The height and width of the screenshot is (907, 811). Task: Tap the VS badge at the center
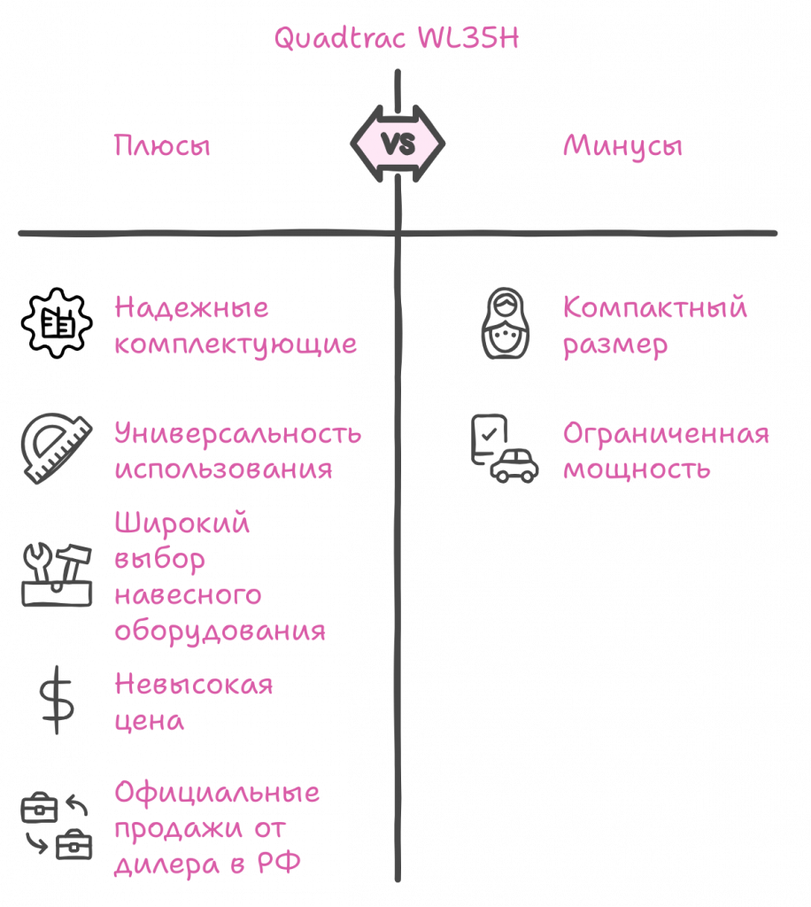pyautogui.click(x=398, y=143)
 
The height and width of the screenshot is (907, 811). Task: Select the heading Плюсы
pyautogui.click(x=162, y=145)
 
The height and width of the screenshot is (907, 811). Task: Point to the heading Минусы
pyautogui.click(x=622, y=145)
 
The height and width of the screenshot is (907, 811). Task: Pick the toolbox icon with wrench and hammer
pyautogui.click(x=57, y=575)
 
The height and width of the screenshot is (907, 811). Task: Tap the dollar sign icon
pyautogui.click(x=57, y=699)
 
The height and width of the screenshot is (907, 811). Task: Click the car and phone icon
pyautogui.click(x=503, y=448)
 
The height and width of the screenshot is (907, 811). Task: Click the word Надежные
pyautogui.click(x=191, y=309)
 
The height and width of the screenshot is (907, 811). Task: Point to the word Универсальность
pyautogui.click(x=237, y=434)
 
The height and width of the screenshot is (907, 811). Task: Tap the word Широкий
pyautogui.click(x=182, y=523)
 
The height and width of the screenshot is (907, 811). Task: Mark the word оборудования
pyautogui.click(x=220, y=632)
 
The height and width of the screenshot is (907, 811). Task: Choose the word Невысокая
pyautogui.click(x=194, y=685)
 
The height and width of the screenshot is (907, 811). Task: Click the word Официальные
pyautogui.click(x=217, y=792)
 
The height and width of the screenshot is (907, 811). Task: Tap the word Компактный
pyautogui.click(x=655, y=309)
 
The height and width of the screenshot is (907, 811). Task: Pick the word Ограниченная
pyautogui.click(x=666, y=434)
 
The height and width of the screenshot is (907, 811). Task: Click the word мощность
pyautogui.click(x=637, y=469)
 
